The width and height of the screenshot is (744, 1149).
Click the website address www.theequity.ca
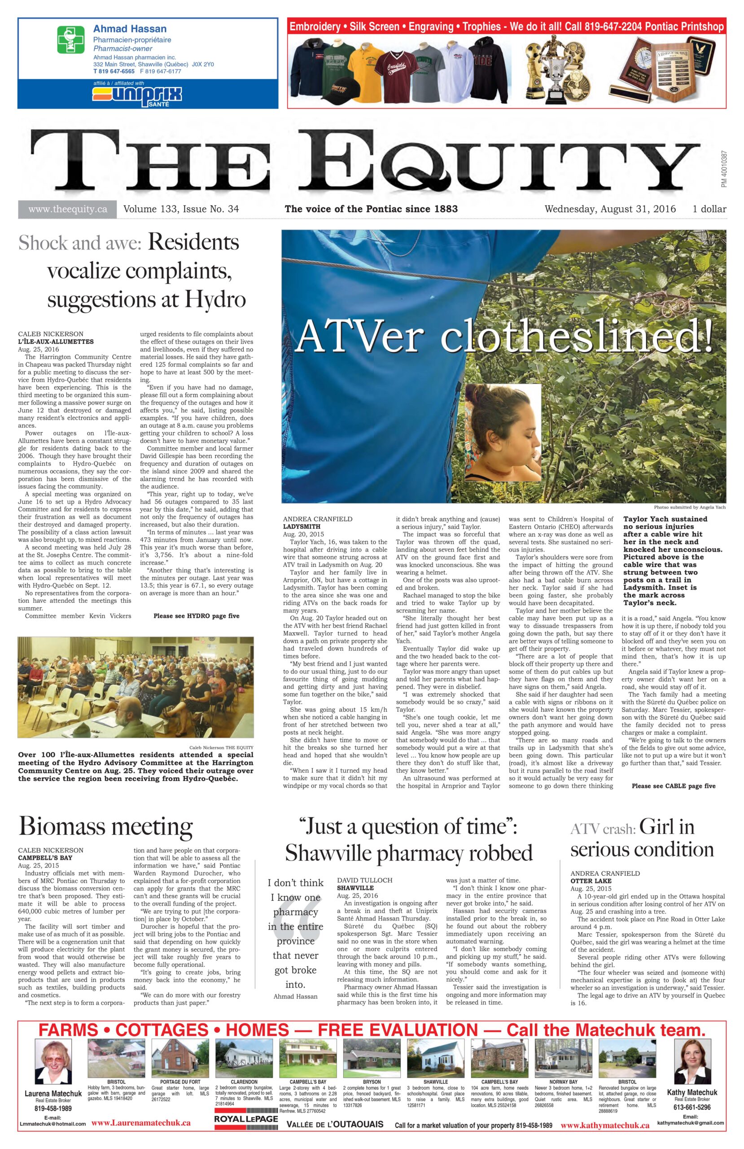coord(68,209)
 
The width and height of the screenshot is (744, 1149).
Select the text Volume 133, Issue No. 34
coord(181,209)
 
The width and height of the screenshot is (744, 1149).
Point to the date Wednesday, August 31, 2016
coord(610,209)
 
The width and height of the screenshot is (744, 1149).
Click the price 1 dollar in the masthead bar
coord(709,209)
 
